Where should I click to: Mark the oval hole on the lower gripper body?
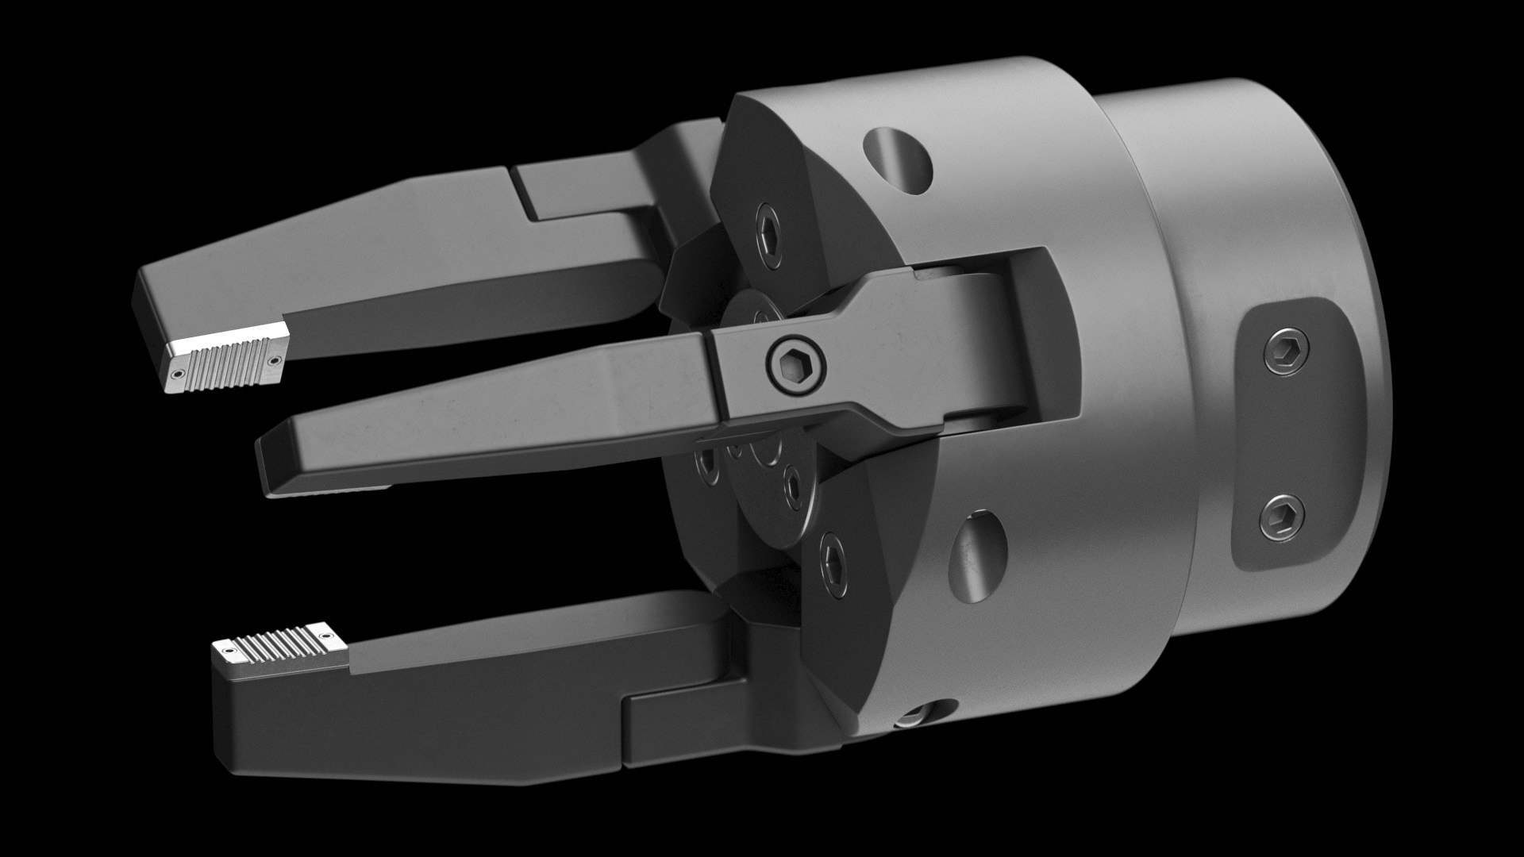[x=978, y=548]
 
